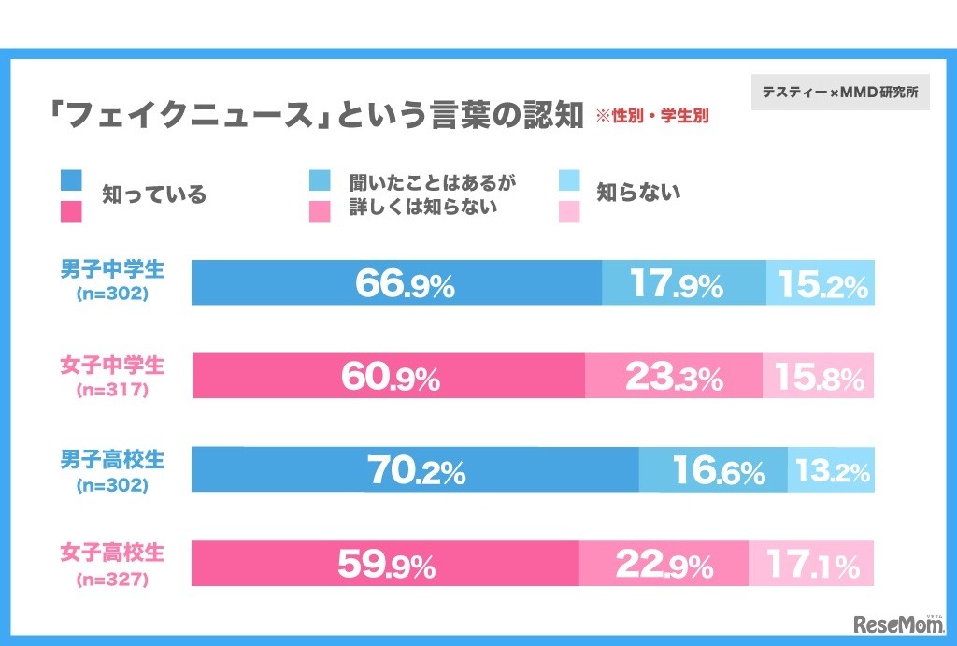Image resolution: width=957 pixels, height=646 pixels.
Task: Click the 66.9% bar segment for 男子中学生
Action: pyautogui.click(x=396, y=282)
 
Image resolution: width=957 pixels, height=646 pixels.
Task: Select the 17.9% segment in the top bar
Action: pyautogui.click(x=683, y=282)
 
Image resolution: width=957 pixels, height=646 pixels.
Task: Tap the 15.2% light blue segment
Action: pyautogui.click(x=821, y=282)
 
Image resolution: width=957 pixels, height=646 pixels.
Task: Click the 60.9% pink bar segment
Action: pyautogui.click(x=389, y=376)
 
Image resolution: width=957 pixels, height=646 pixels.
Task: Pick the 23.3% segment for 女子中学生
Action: pyautogui.click(x=674, y=376)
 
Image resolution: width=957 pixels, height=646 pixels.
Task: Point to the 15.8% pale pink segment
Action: pyautogui.click(x=819, y=376)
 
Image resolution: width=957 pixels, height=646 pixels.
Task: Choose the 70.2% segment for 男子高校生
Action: pyautogui.click(x=415, y=469)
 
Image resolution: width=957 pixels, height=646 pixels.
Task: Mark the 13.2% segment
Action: pyautogui.click(x=831, y=469)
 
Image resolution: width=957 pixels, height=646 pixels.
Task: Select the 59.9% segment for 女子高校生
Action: pyautogui.click(x=385, y=563)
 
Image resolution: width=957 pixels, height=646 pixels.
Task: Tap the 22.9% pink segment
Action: pyautogui.click(x=664, y=563)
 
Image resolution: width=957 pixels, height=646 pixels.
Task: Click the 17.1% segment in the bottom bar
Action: pyautogui.click(x=811, y=563)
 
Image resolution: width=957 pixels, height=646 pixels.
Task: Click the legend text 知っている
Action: pyautogui.click(x=153, y=195)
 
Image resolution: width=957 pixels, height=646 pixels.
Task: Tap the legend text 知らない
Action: pyautogui.click(x=638, y=194)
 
